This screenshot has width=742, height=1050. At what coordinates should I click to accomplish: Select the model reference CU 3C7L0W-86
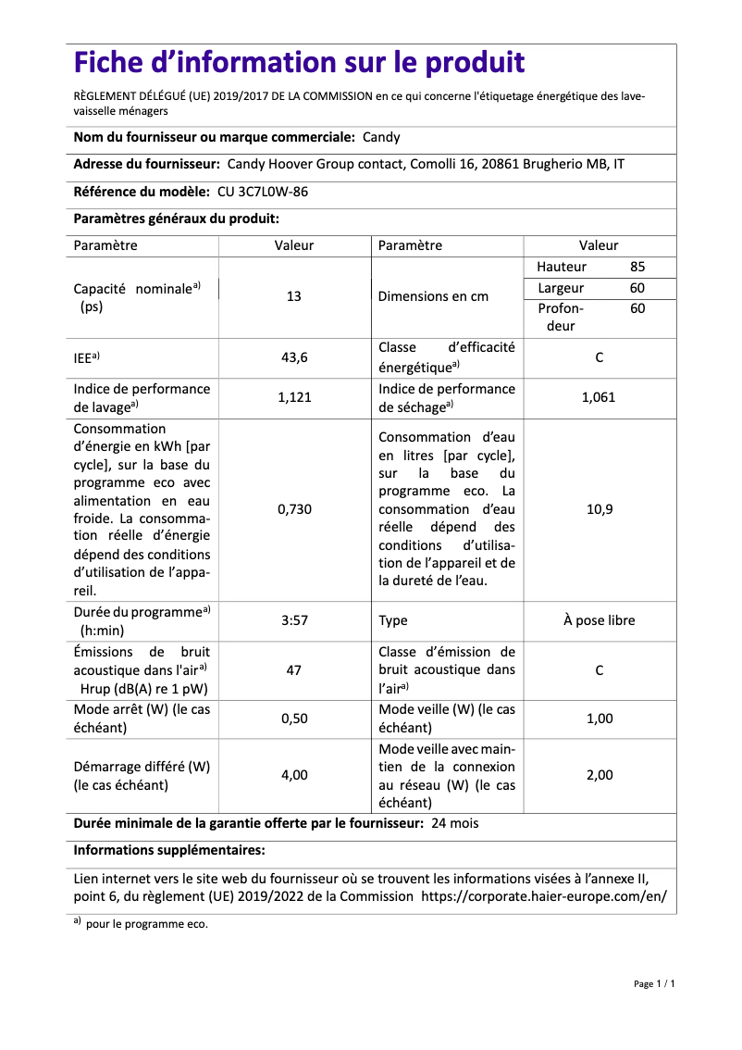coord(263,192)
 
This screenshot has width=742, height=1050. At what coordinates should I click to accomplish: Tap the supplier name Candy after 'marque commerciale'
coord(381,137)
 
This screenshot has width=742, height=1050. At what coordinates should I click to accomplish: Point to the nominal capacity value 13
coord(294,297)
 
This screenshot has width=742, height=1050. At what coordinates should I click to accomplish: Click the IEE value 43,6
coord(294,356)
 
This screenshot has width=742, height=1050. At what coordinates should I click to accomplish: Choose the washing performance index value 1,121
coord(294,398)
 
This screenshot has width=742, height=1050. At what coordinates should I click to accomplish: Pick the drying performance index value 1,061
coord(599,398)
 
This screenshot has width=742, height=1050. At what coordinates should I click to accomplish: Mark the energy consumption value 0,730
coord(294,509)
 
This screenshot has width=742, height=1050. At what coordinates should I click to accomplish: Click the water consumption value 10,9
coord(599,509)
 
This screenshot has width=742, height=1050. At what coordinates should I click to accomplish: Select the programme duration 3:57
coord(294,620)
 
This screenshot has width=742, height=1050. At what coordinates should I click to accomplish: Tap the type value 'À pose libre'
coord(599,620)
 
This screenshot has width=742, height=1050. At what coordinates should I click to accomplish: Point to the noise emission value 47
coord(294,669)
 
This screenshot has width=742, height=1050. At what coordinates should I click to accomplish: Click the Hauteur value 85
coord(637,267)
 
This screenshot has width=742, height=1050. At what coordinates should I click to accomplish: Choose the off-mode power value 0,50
coord(294,719)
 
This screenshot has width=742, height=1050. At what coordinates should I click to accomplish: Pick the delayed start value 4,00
coord(294,775)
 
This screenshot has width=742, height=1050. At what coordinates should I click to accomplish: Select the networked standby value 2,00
coord(599,775)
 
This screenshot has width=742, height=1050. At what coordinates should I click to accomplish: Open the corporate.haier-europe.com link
coord(543,896)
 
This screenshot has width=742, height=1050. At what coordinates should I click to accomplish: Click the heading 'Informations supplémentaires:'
coord(169,850)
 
